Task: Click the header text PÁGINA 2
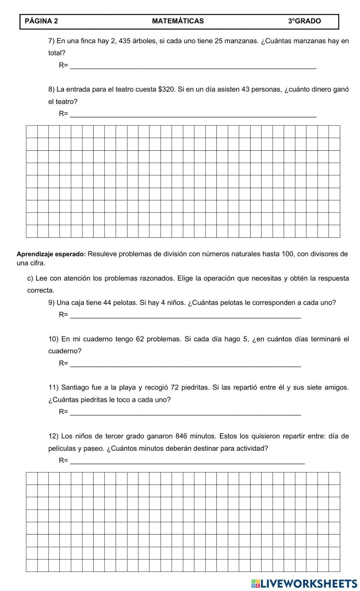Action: tap(41, 21)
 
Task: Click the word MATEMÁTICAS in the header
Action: tap(178, 21)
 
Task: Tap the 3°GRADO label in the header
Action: tap(304, 21)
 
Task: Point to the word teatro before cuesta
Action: tap(124, 89)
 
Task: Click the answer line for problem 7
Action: tap(193, 66)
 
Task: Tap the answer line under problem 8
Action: tap(193, 115)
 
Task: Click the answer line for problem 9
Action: tap(185, 316)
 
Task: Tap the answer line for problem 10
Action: tap(185, 364)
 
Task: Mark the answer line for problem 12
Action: tap(187, 462)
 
